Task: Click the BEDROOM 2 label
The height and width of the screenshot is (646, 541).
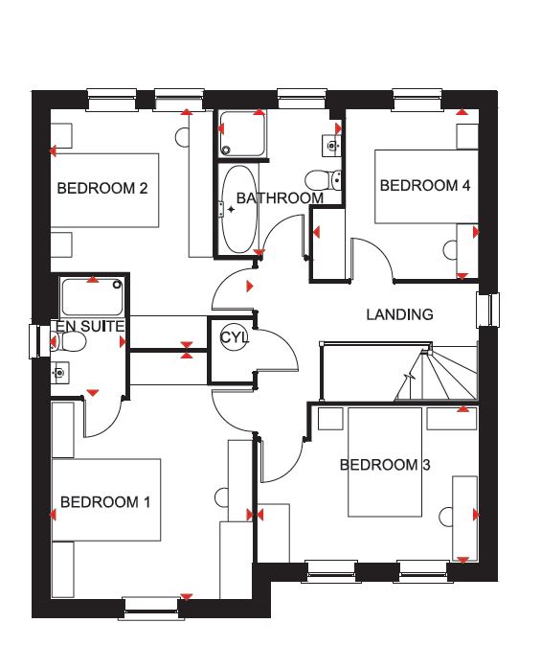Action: tap(102, 188)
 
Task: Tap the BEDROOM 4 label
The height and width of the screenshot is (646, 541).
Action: tap(425, 185)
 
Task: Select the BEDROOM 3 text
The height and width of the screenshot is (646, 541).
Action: tap(385, 465)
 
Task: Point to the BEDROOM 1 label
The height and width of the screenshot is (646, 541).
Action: tap(105, 502)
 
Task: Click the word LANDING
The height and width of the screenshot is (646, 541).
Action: tap(400, 314)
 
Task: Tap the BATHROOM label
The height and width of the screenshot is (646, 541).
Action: tap(280, 198)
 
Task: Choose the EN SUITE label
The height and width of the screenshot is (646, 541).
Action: tap(90, 326)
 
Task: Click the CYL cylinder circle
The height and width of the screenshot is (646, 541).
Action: tap(235, 337)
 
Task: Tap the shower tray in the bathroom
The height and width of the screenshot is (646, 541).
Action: tap(242, 133)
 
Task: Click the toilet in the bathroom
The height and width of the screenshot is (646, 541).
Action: tap(324, 180)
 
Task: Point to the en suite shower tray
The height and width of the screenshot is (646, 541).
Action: tap(92, 297)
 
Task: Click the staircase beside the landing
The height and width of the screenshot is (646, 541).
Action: tap(436, 374)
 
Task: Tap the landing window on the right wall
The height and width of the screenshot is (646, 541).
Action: tap(488, 311)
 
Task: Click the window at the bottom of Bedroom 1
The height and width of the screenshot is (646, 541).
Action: tap(151, 608)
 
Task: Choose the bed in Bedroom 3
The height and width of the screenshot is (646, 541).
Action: tap(385, 462)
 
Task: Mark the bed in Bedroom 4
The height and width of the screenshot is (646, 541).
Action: tap(426, 187)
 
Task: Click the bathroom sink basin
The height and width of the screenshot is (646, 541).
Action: tap(332, 145)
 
